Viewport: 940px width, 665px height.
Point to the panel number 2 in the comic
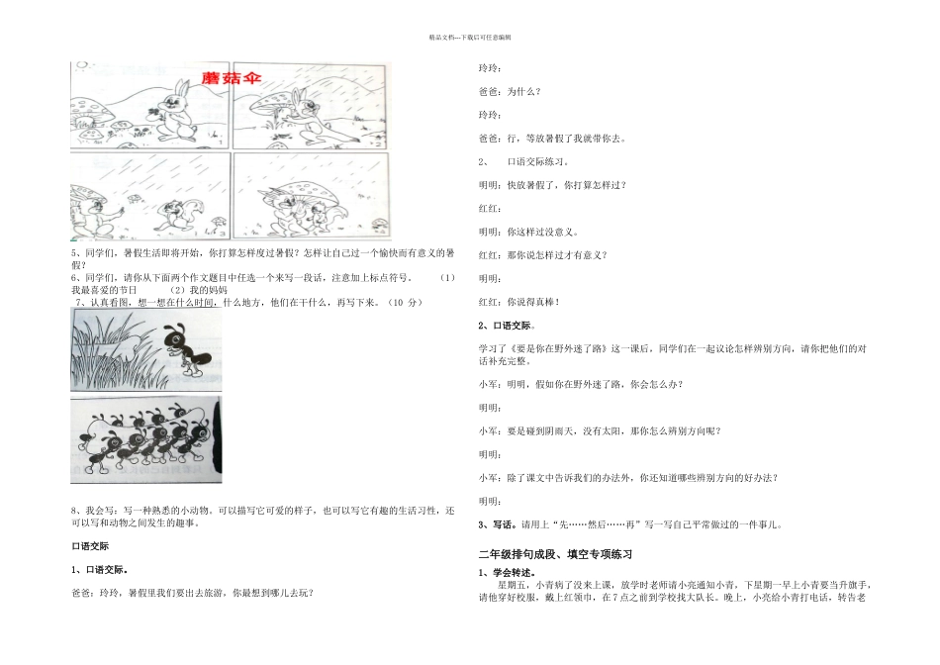tap(380, 143)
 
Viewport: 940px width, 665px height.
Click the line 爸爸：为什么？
tap(510, 91)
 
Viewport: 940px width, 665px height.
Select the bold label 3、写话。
tap(498, 524)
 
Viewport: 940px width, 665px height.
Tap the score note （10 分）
tap(401, 302)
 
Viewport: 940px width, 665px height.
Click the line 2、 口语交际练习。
tap(523, 161)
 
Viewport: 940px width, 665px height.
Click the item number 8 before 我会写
tap(74, 510)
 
